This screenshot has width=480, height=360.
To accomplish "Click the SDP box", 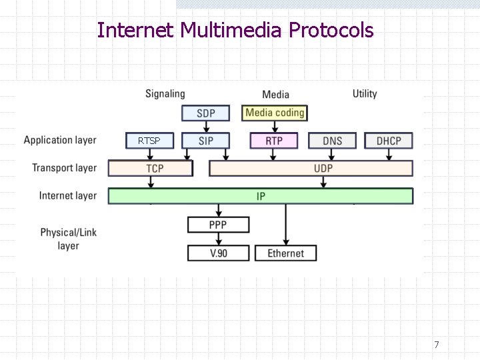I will pos(206,113).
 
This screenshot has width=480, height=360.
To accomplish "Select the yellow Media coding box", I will pos(275,113).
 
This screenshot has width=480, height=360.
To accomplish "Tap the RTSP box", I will pos(149,141).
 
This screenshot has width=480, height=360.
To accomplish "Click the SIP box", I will pos(206,141).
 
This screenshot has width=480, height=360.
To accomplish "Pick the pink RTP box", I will pos(274,141).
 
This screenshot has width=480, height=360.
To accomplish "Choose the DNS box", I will pos(332,141).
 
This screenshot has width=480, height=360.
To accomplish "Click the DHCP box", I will pos(389,141).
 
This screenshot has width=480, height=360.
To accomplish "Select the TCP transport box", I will pos(154,168).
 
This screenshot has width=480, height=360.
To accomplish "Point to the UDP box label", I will pos(323,168).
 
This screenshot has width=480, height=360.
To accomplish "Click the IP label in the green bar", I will pos(261,196).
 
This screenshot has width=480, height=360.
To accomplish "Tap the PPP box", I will pos(218,225).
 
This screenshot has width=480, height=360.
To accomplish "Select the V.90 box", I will pos(218,253).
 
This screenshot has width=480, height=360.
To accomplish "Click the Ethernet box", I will pos(285,253).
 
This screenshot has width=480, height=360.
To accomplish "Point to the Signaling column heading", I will pos(165,94).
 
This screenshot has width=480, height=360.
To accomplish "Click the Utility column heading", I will pos(365,94).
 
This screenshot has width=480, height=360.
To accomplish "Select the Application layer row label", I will pos(60,140).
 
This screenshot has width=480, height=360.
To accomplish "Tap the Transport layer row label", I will pos(64,168).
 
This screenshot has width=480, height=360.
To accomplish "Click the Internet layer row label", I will pos(67,195).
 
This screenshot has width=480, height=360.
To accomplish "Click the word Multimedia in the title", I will pos(233,30).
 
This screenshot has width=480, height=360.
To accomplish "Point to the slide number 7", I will pos(437,345).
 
